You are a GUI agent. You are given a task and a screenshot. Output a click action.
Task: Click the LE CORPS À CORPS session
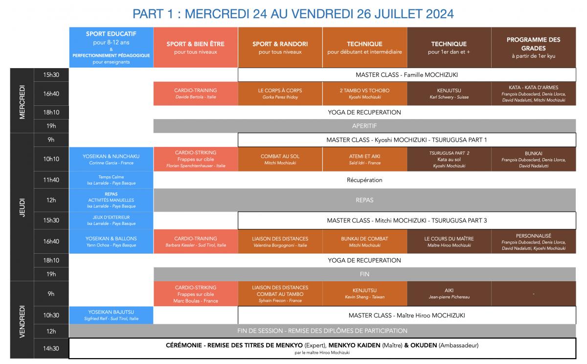280,94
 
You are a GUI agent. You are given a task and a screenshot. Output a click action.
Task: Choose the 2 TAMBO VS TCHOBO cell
364,94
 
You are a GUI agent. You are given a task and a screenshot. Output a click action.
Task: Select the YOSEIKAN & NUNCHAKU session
111,159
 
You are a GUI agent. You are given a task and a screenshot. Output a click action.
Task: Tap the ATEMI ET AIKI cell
364,159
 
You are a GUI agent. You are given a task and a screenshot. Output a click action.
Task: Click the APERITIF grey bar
364,126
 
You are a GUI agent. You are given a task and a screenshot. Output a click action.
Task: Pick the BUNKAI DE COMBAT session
364,242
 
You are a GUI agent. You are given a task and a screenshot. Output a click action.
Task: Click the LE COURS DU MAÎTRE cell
449,242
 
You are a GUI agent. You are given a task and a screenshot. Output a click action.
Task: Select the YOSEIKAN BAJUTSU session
111,315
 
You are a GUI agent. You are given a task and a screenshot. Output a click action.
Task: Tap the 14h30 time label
51,348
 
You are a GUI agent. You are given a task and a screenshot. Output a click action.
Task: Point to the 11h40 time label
51,180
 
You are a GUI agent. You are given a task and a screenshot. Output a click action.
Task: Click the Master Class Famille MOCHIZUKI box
406,74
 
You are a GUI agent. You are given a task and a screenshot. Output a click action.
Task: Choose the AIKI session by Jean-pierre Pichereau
449,293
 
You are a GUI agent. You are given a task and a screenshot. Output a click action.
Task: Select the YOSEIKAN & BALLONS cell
111,242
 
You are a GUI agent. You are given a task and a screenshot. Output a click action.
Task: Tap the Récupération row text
364,180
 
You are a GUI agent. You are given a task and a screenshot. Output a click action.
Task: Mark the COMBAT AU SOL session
280,159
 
